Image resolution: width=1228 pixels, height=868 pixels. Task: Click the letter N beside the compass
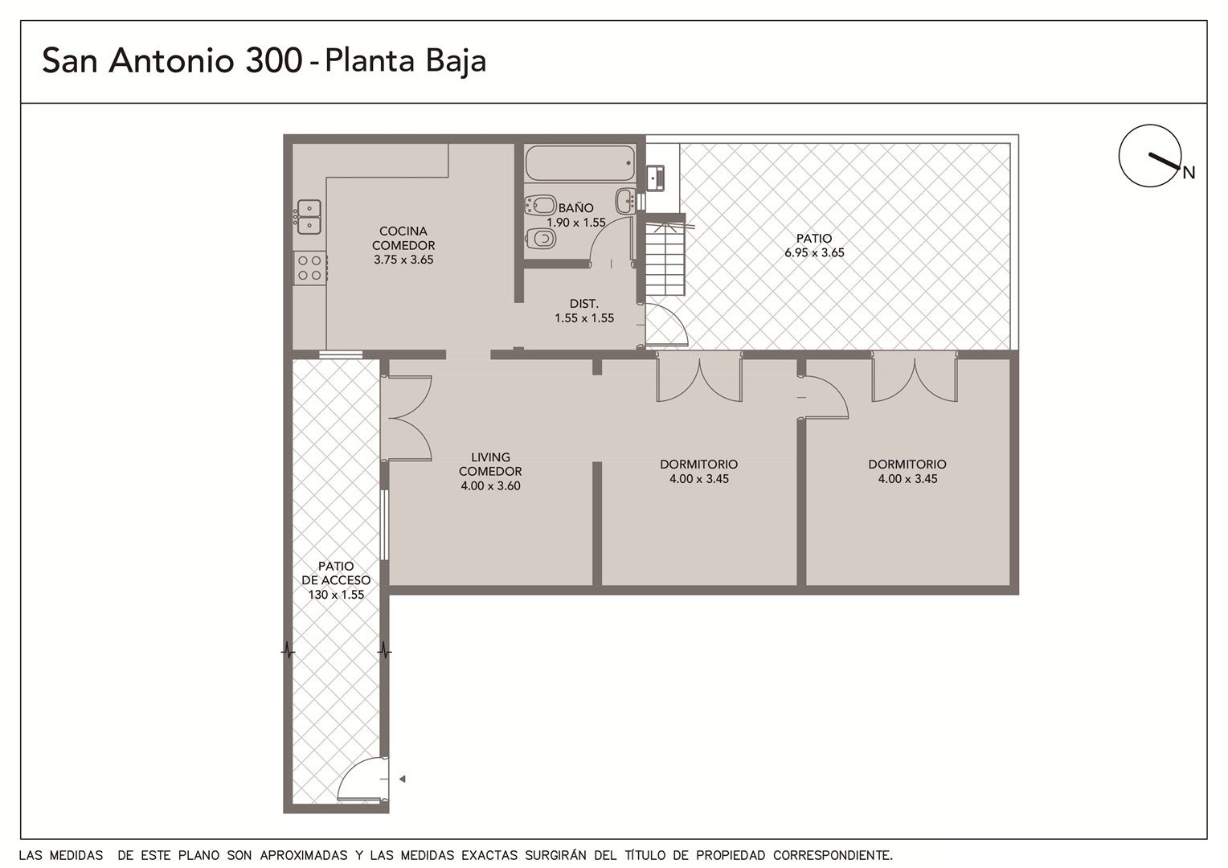tap(1189, 173)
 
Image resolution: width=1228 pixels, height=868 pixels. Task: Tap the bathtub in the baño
tap(580, 163)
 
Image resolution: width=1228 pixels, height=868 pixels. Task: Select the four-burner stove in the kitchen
tap(310, 268)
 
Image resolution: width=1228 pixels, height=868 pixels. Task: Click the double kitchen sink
tap(309, 217)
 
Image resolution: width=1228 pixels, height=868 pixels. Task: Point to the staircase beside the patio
tap(665, 258)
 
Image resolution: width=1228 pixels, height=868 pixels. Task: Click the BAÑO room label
tap(575, 208)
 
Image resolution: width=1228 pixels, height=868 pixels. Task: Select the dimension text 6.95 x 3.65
tap(814, 253)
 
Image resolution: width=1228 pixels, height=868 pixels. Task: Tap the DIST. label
tap(583, 304)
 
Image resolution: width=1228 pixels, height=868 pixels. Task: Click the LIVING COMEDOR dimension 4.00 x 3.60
tap(490, 485)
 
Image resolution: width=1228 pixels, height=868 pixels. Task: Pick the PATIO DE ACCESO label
tap(336, 573)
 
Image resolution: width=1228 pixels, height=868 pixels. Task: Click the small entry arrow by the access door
tap(402, 779)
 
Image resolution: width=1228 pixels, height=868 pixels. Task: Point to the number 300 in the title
tap(273, 60)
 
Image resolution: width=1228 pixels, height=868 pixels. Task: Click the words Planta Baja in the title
tap(405, 61)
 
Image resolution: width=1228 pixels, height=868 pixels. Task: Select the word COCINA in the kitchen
tap(403, 231)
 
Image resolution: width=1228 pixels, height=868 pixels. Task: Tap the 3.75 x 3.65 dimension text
tap(403, 260)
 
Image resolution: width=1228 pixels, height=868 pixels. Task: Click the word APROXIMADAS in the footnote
tap(304, 855)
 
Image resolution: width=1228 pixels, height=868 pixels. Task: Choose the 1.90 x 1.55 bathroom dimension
tap(576, 223)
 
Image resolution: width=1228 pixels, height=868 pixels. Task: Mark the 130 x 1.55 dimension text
tap(336, 595)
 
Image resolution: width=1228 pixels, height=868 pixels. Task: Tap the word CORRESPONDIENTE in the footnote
tap(833, 855)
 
